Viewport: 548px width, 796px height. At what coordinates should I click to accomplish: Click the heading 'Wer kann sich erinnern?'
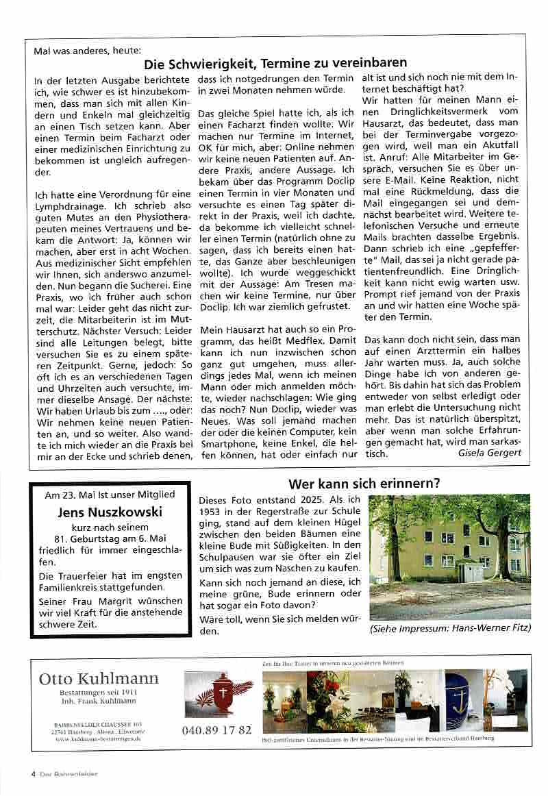[364, 484]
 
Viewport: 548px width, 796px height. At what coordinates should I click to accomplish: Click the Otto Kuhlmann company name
[99, 678]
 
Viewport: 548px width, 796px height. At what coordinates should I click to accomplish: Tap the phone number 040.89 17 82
[217, 730]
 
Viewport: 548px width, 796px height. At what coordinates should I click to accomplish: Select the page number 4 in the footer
[33, 774]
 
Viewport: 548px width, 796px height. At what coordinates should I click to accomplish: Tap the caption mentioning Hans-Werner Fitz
[450, 627]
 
